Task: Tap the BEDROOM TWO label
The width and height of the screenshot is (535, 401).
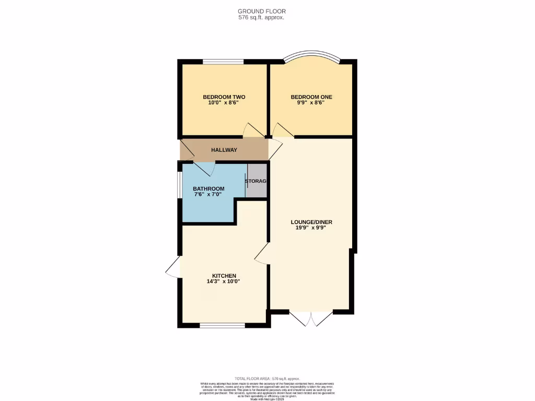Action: [224, 97]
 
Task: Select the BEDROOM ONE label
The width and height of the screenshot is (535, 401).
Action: [311, 97]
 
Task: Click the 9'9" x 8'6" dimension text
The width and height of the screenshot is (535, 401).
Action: [311, 103]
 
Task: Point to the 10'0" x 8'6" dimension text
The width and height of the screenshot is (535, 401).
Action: [224, 103]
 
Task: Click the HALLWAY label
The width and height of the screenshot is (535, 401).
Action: [224, 150]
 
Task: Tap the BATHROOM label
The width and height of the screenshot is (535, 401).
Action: [208, 189]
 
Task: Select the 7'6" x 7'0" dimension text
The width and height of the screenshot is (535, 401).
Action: [207, 195]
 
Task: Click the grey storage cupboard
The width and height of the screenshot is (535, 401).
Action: [257, 181]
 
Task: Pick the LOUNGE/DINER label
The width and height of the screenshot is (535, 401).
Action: [311, 222]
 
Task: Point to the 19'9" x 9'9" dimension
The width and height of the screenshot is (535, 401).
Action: [311, 228]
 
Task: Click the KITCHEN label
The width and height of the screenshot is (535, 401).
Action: [224, 276]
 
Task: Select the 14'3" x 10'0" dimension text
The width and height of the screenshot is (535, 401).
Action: [224, 281]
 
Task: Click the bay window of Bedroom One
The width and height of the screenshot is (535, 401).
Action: [311, 55]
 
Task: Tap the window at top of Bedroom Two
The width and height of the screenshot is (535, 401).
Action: [223, 62]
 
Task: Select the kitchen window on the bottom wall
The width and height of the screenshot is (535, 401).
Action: [223, 325]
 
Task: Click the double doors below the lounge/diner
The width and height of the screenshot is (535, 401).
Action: [311, 319]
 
